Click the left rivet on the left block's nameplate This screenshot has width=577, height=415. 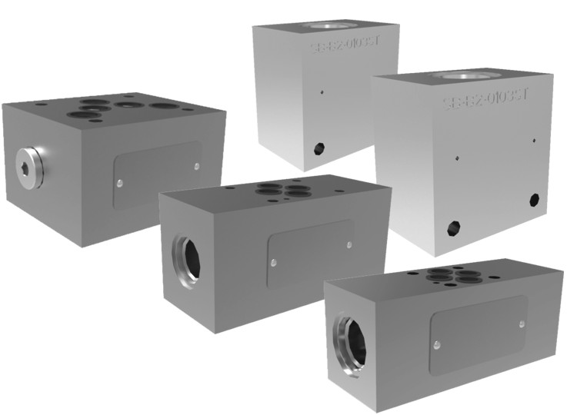click(x=120, y=183)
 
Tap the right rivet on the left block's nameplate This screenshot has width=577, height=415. click(x=197, y=165)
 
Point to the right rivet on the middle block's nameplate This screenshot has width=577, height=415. click(x=350, y=244)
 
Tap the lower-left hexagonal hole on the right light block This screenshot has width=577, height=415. click(x=454, y=227)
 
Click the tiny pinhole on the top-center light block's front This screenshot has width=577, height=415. click(x=322, y=92)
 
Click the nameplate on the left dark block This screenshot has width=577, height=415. click(x=158, y=174)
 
